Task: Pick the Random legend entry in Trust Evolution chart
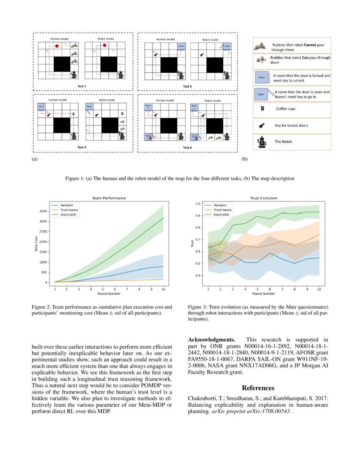pyautogui.click(x=220, y=205)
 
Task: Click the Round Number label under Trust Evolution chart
pyautogui.click(x=264, y=293)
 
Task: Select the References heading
pyautogui.click(x=258, y=388)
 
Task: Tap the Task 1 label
pyautogui.click(x=81, y=86)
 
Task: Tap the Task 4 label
pyautogui.click(x=187, y=147)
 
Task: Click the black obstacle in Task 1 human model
pyautogui.click(x=63, y=64)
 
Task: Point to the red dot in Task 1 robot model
pyautogui.click(x=104, y=45)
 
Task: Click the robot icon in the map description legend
pyautogui.click(x=263, y=142)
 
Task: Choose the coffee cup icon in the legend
pyautogui.click(x=262, y=108)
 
